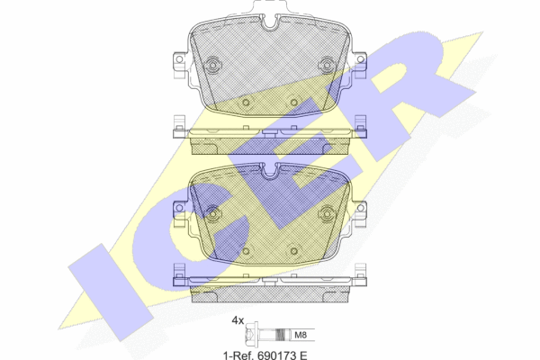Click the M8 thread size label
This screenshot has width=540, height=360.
coord(301,335)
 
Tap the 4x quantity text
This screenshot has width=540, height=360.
coord(238,320)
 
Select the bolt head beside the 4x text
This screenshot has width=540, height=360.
coord(251,334)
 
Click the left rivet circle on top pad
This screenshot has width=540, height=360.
coord(212,65)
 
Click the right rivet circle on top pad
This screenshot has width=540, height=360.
coord(326,65)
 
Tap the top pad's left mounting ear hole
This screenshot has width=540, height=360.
coord(179,59)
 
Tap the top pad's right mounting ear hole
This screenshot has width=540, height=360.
coord(360,59)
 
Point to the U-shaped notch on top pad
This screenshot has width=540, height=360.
coord(270,22)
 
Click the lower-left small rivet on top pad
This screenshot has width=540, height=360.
coord(246,102)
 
